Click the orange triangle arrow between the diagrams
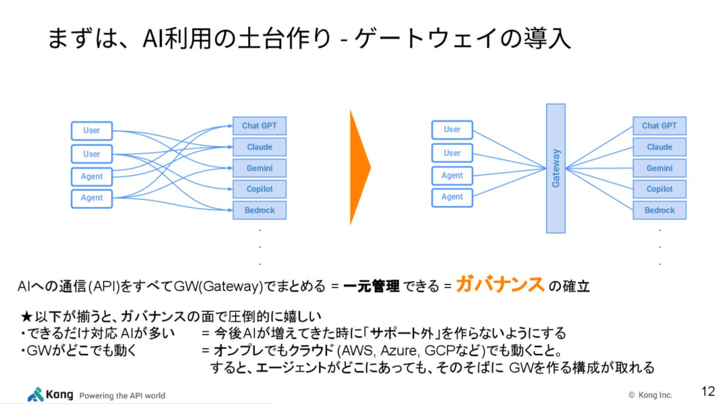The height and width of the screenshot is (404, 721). tap(359, 168)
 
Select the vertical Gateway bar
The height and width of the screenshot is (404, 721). tap(555, 168)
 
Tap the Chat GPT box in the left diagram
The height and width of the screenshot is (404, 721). tap(259, 126)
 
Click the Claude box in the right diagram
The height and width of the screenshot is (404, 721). tap(659, 147)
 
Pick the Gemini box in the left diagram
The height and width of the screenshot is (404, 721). tap(259, 168)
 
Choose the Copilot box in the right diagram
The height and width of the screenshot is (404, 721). tap(659, 189)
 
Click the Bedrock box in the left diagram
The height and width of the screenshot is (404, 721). tap(259, 210)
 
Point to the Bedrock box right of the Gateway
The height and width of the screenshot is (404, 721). tap(659, 210)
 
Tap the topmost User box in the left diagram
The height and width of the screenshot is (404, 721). tap(92, 130)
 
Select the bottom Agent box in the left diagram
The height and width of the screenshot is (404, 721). tap(92, 198)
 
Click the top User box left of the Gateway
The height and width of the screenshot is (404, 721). tap(452, 129)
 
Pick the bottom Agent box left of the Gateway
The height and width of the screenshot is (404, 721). tap(452, 197)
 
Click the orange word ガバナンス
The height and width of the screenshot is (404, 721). tap(500, 284)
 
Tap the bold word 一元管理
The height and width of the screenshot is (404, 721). tap(371, 286)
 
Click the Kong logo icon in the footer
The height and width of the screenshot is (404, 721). tap(35, 394)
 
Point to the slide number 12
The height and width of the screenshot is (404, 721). tap(708, 391)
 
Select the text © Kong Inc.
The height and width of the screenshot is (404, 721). tap(650, 395)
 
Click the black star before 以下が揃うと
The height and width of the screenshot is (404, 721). tap(27, 317)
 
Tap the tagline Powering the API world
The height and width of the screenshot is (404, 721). tap(122, 396)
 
